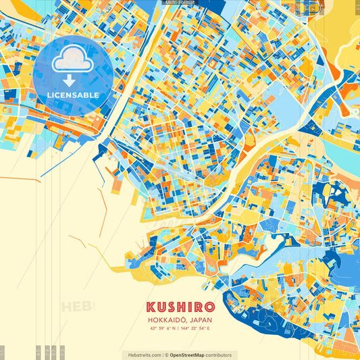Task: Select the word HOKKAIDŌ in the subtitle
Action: tap(165, 320)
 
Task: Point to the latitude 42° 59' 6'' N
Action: tap(164, 329)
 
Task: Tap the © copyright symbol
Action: tap(166, 355)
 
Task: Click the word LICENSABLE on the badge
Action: tap(73, 95)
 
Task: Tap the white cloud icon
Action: tap(73, 61)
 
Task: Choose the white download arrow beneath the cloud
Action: tap(70, 80)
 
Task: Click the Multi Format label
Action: tap(180, 3)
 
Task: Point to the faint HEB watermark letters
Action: tap(76, 307)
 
